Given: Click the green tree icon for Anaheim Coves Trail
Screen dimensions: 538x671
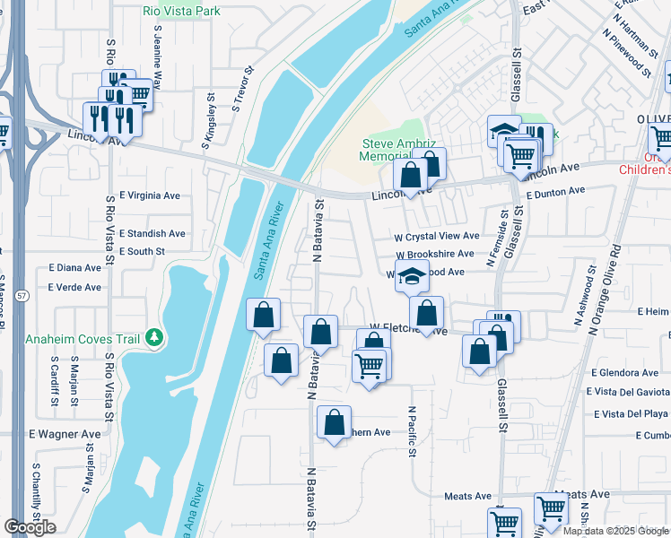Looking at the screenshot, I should tap(154, 337).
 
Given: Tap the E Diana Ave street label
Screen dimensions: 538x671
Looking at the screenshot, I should tap(75, 267).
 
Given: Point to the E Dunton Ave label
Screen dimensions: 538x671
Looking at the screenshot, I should tap(555, 191).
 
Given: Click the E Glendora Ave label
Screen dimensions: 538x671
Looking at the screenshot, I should tap(624, 373).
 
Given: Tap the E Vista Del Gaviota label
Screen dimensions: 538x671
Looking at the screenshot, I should tap(628, 392).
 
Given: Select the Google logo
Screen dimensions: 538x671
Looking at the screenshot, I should tap(30, 526).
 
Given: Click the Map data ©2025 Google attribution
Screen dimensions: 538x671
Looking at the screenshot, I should tap(615, 531).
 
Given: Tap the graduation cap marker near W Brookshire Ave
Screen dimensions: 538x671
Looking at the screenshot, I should tap(413, 277).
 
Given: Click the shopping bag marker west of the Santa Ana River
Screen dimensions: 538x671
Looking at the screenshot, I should tap(263, 316).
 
